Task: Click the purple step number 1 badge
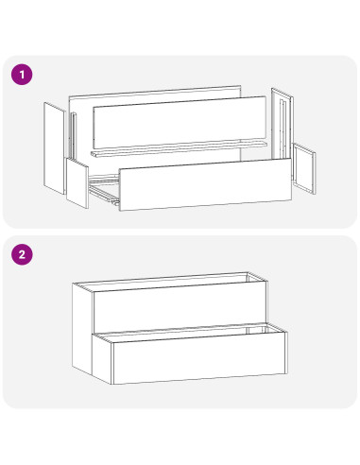pyautogui.click(x=22, y=75)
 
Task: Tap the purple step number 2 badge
pyautogui.click(x=22, y=254)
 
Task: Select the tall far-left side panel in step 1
pyautogui.click(x=55, y=148)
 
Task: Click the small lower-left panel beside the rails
pyautogui.click(x=77, y=183)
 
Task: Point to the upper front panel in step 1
pyautogui.click(x=180, y=122)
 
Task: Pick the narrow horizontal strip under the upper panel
pyautogui.click(x=179, y=149)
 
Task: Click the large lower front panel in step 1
pyautogui.click(x=205, y=184)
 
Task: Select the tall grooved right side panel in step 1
pyautogui.click(x=283, y=126)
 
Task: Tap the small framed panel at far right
pyautogui.click(x=304, y=168)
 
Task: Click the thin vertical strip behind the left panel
pyautogui.click(x=74, y=136)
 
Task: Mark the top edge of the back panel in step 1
pyautogui.click(x=155, y=91)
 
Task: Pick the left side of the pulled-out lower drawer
pyautogui.click(x=102, y=358)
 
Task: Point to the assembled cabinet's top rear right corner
pyautogui.click(x=248, y=273)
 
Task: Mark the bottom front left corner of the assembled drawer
pyautogui.click(x=112, y=384)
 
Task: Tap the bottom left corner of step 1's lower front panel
pyautogui.click(x=120, y=211)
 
